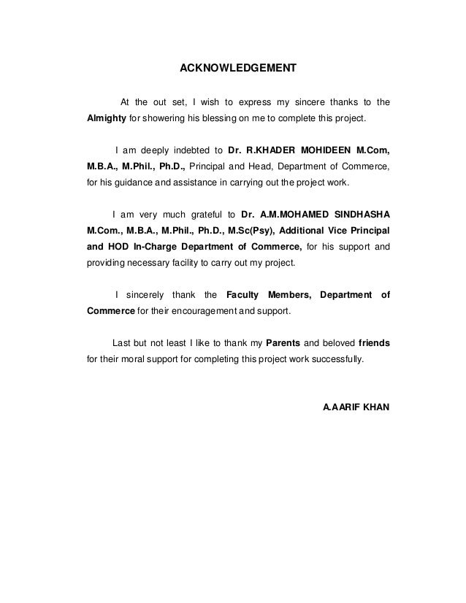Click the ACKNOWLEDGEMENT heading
pyautogui.click(x=239, y=70)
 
